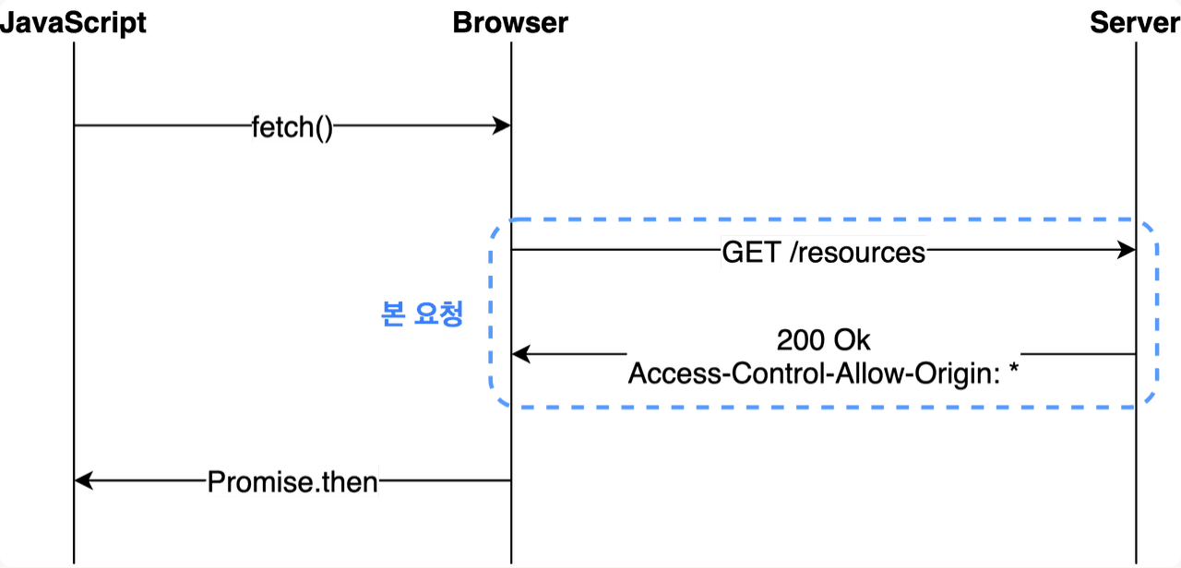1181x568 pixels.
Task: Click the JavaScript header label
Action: point(73,22)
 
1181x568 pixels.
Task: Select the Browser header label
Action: point(510,22)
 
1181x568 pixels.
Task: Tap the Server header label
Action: point(1134,22)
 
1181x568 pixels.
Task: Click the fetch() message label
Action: point(292,127)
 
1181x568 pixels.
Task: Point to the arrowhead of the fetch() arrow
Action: point(503,125)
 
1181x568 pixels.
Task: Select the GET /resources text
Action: point(823,253)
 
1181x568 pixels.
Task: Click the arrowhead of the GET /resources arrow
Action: point(1127,251)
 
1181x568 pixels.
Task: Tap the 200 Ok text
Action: point(823,339)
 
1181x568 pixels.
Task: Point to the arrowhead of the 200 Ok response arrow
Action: point(520,354)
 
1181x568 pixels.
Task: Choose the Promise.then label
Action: point(292,481)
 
